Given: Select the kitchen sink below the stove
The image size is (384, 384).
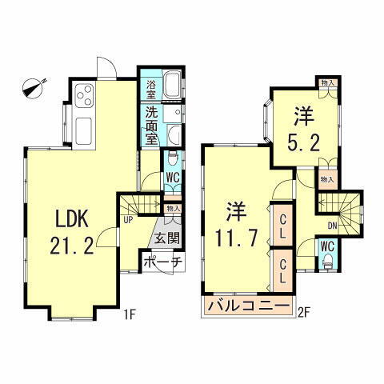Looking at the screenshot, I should [x=83, y=127].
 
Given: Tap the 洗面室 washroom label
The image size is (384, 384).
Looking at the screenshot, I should [x=151, y=124].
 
